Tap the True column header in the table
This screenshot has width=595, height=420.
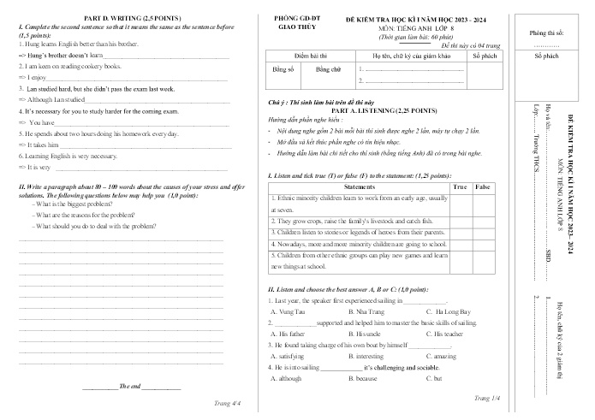tap(459, 186)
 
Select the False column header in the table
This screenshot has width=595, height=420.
tap(483, 186)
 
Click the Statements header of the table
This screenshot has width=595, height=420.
tap(359, 186)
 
